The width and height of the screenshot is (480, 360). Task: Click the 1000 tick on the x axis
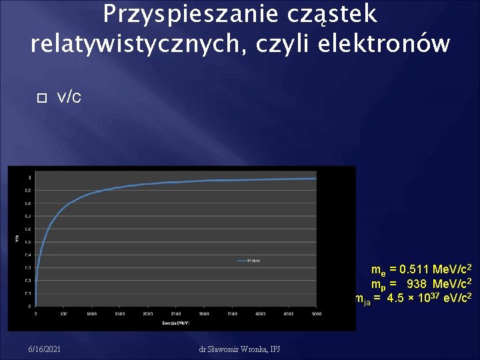click(91, 313)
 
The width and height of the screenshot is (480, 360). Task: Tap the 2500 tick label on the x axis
click(175, 313)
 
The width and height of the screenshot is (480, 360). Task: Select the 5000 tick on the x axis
click(316, 313)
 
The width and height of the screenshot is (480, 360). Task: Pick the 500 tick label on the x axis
click(63, 313)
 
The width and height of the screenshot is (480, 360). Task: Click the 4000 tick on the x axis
click(260, 313)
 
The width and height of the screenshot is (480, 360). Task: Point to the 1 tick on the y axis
click(29, 177)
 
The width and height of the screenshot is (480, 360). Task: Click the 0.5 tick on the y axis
click(28, 241)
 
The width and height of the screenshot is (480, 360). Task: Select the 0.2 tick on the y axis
click(28, 280)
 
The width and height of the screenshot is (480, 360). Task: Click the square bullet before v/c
click(41, 97)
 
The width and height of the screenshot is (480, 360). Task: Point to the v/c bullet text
click(69, 97)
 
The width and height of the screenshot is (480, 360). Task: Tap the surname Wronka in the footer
click(255, 349)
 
